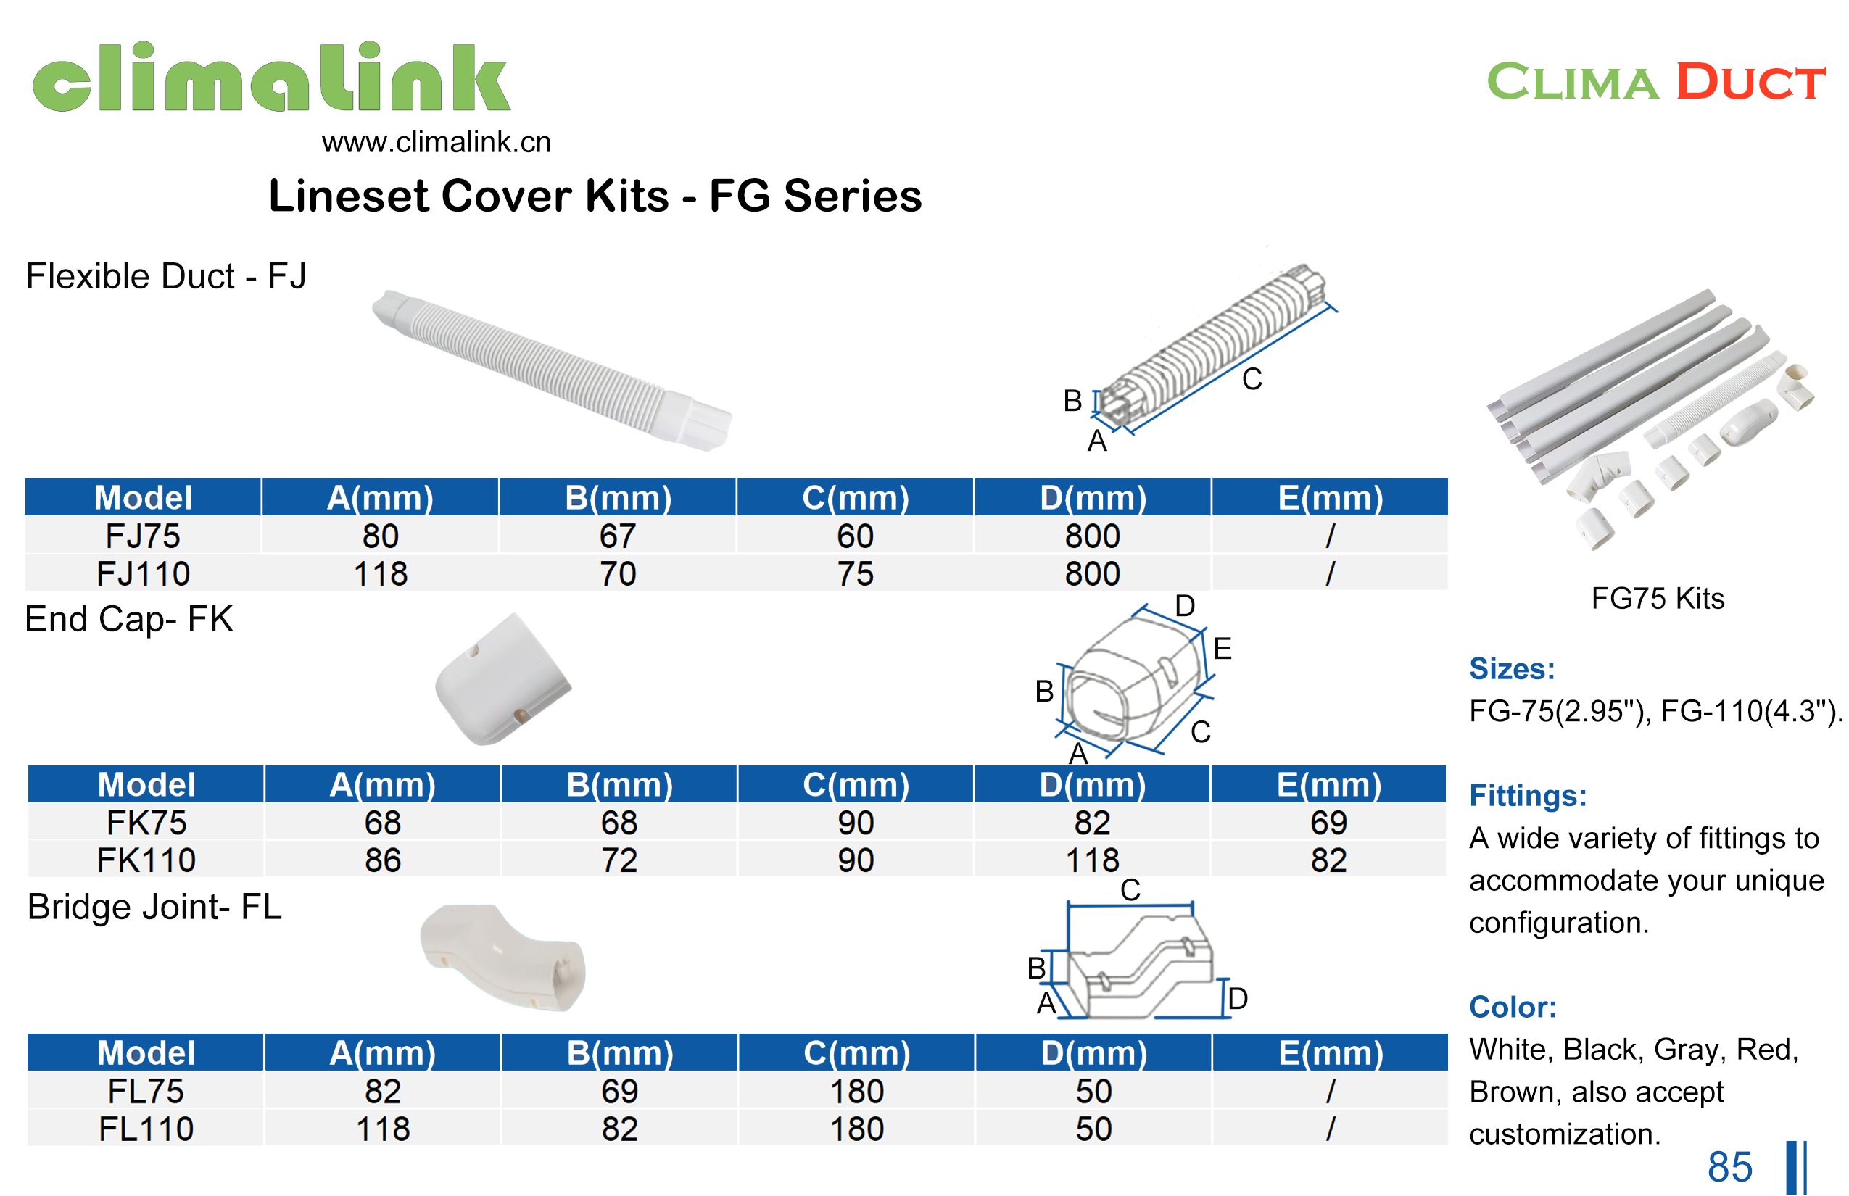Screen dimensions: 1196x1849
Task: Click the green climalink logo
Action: pyautogui.click(x=271, y=77)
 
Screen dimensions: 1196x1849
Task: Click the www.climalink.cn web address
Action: pyautogui.click(x=436, y=142)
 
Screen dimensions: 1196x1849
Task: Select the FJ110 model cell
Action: pyautogui.click(x=143, y=574)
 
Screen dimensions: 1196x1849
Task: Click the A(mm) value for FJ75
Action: pyautogui.click(x=380, y=536)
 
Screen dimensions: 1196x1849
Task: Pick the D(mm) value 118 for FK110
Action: pyautogui.click(x=1091, y=860)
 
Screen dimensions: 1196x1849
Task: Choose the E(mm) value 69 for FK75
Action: pyautogui.click(x=1328, y=823)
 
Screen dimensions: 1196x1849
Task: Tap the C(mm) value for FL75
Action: pyautogui.click(x=856, y=1091)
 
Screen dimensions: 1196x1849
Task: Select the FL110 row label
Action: pyautogui.click(x=145, y=1129)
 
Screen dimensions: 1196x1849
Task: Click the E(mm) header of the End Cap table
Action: pyautogui.click(x=1328, y=784)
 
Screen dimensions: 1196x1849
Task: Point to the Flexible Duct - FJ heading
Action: pyautogui.click(x=165, y=276)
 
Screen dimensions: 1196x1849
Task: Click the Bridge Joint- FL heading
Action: pyautogui.click(x=154, y=907)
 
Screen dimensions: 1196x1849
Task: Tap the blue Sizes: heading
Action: pyautogui.click(x=1511, y=668)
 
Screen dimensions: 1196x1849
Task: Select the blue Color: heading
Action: pyautogui.click(x=1512, y=1007)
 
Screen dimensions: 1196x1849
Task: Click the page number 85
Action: pyautogui.click(x=1729, y=1166)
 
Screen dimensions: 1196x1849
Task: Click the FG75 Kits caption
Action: pyautogui.click(x=1657, y=598)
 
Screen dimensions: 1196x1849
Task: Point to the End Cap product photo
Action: pyautogui.click(x=502, y=681)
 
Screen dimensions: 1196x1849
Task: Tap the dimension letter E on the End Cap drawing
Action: pyautogui.click(x=1222, y=649)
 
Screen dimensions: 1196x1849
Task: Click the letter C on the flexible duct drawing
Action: pyautogui.click(x=1252, y=379)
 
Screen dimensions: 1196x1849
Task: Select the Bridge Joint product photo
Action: pyautogui.click(x=503, y=957)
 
